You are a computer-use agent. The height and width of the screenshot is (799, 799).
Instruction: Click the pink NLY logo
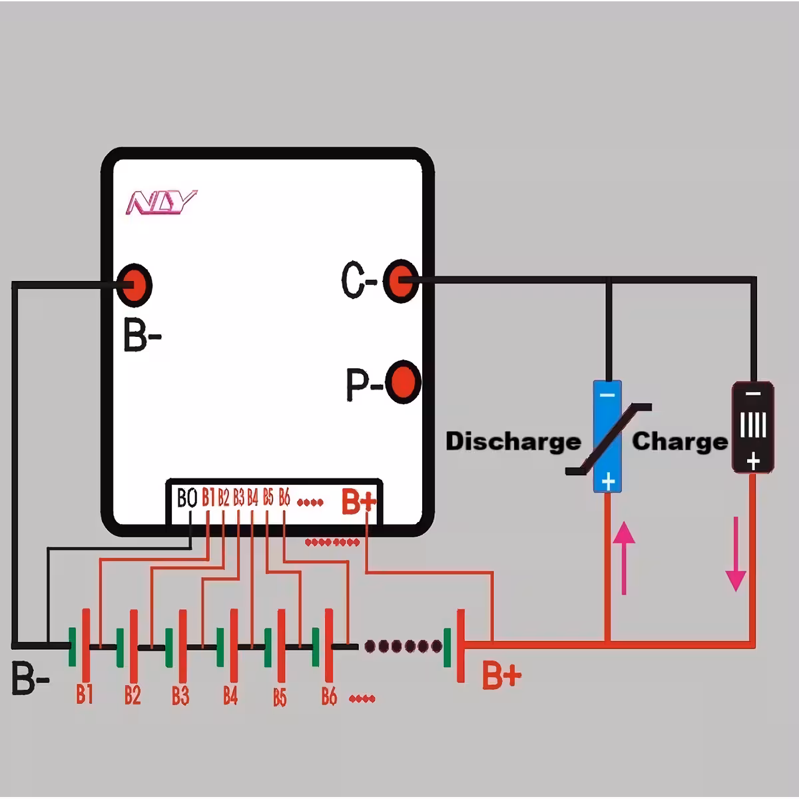(162, 202)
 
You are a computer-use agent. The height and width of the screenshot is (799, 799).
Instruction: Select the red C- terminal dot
(401, 281)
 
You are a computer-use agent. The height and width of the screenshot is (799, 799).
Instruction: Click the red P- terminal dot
(403, 382)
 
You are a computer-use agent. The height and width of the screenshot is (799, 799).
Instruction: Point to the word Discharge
(513, 441)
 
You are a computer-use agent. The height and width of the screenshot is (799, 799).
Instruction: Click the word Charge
(679, 441)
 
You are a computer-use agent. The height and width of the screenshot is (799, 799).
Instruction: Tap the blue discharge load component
(607, 436)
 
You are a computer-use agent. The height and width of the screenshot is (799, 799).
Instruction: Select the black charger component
(752, 427)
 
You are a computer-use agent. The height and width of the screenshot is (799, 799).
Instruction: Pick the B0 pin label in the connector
(187, 498)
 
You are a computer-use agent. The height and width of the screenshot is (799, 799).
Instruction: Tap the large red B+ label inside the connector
(359, 503)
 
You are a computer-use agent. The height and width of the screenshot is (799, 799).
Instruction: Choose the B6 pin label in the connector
(284, 497)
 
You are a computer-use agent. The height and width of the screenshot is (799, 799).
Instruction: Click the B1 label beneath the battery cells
(84, 694)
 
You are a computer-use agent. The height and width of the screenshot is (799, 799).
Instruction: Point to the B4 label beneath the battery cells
(230, 696)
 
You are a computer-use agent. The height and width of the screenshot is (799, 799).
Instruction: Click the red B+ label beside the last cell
(501, 675)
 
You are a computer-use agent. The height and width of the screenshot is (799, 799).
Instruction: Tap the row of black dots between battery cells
(400, 646)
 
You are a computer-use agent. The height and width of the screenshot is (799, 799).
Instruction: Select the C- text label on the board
(359, 281)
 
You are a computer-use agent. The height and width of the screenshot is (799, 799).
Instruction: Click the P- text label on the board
(364, 384)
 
